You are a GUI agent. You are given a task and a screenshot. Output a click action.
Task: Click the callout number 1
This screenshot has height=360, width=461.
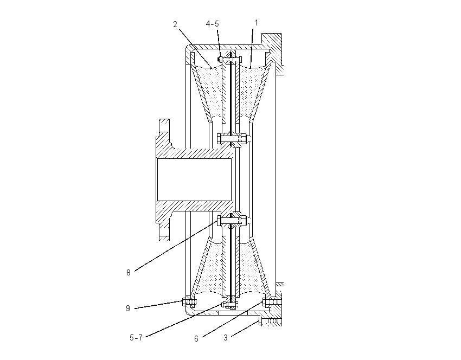click(257, 23)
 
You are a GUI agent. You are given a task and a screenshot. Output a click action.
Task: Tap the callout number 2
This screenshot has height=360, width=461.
click(175, 24)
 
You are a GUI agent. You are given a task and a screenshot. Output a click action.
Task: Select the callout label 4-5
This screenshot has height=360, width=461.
click(212, 24)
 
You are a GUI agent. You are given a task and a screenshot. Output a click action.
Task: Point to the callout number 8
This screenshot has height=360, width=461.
click(128, 273)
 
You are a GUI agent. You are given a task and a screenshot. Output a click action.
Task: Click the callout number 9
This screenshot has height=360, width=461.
click(128, 308)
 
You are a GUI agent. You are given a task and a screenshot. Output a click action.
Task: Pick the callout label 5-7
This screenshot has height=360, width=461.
click(136, 338)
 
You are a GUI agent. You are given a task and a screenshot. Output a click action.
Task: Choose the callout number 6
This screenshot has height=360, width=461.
click(196, 339)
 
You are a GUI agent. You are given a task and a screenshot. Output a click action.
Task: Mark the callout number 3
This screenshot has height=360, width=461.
click(226, 338)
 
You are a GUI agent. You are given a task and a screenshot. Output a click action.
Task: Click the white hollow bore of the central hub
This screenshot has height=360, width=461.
click(194, 179)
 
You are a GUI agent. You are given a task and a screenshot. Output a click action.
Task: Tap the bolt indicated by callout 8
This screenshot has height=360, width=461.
click(232, 221)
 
